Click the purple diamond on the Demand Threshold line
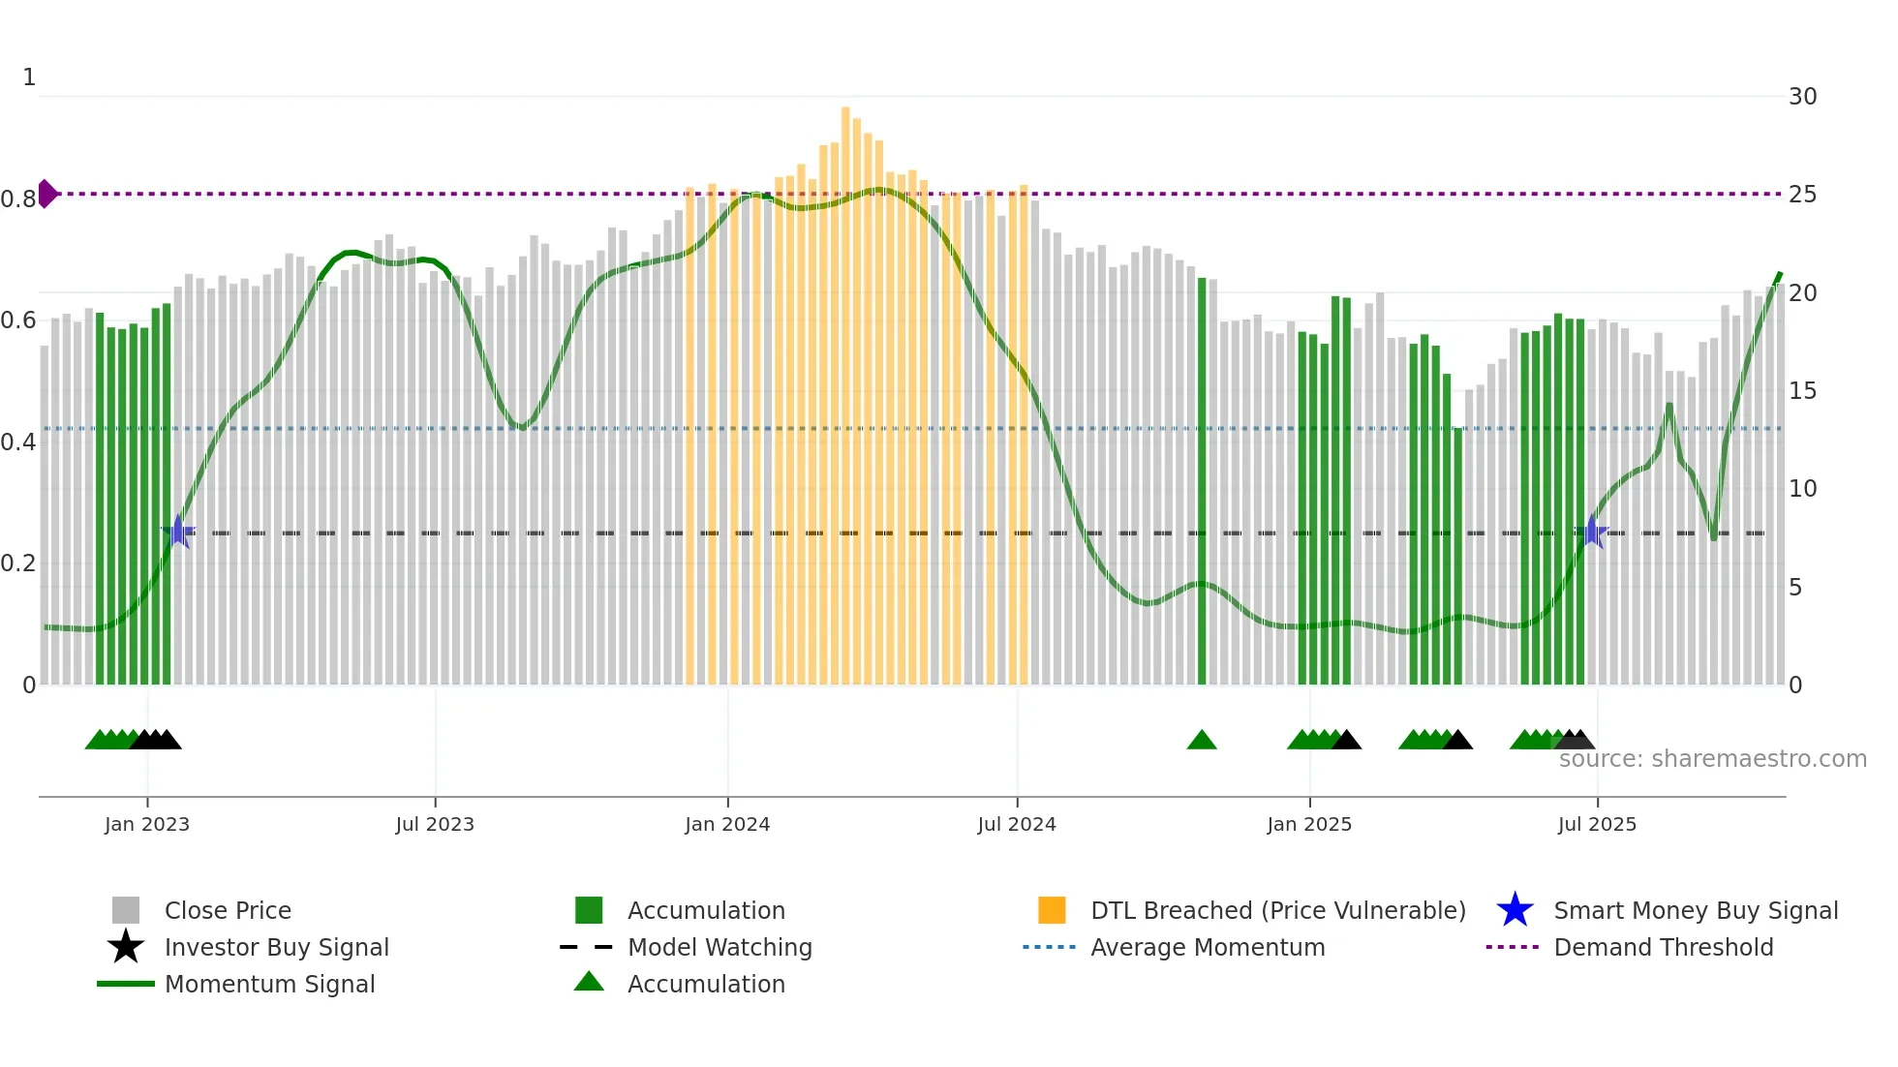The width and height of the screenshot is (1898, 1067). pos(46,194)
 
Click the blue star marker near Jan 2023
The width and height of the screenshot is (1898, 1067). pos(178,533)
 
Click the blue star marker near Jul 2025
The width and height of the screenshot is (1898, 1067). pos(1592,533)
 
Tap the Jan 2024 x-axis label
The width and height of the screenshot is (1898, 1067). pos(727,825)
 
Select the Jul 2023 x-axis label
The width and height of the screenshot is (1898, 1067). pos(435,825)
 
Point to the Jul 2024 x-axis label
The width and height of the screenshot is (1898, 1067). pos(1017,825)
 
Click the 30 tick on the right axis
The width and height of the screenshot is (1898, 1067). pos(1802,97)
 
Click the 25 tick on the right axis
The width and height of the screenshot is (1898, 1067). pos(1802,195)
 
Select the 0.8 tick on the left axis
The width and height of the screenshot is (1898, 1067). pos(19,199)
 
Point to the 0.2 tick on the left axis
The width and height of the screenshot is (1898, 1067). pos(19,564)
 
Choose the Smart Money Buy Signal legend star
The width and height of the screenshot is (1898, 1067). pos(1515,910)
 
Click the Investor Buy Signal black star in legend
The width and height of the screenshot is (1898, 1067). pos(126,947)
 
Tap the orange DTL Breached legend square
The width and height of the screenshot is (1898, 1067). pos(1052,910)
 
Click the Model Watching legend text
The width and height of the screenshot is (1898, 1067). pos(719,947)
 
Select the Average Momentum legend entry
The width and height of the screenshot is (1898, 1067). pos(1207,947)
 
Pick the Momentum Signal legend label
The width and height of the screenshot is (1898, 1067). pos(269,984)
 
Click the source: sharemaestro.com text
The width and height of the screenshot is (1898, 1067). pos(1712,759)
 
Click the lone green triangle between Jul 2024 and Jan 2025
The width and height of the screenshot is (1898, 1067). pos(1202,741)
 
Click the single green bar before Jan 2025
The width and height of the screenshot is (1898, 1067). pos(1202,484)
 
